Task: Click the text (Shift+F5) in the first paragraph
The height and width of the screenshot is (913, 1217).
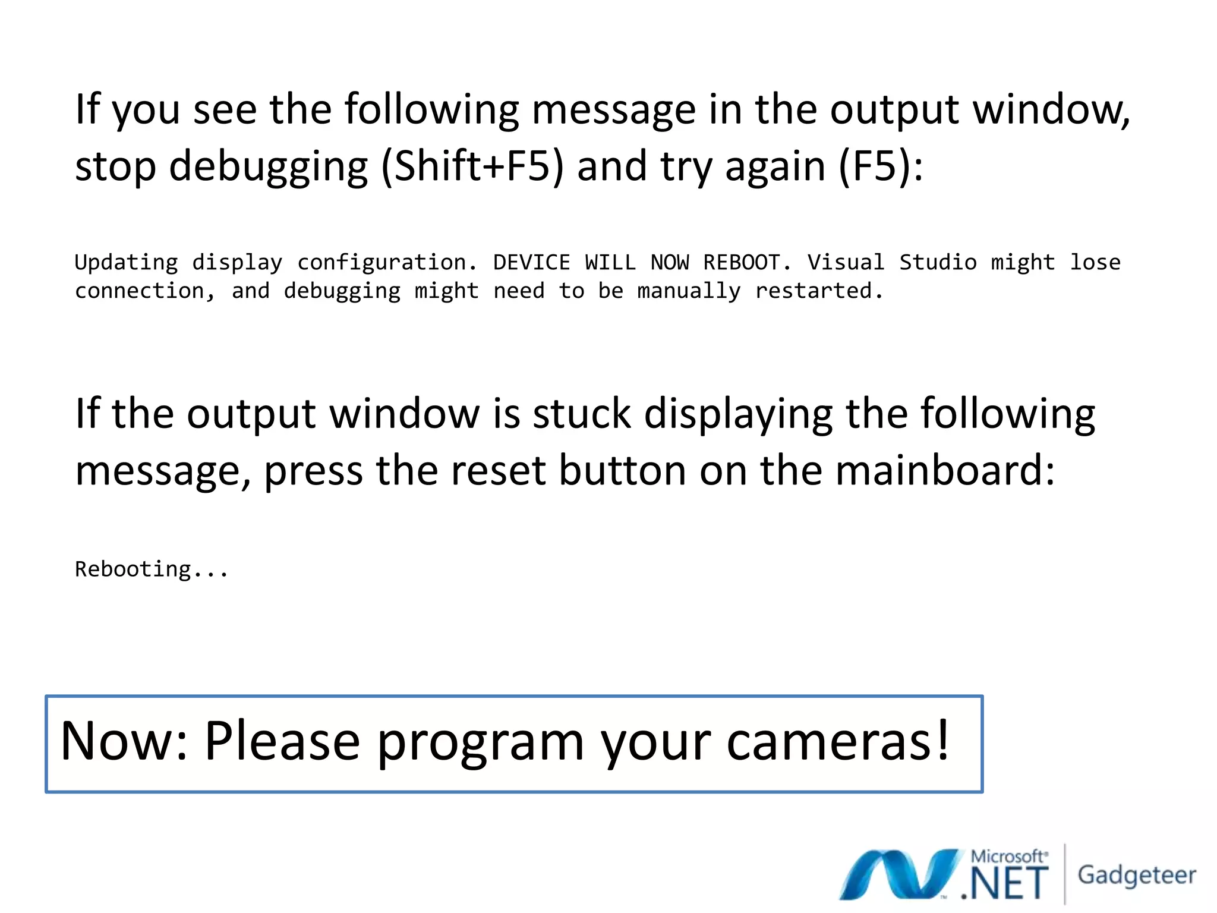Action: [x=472, y=166]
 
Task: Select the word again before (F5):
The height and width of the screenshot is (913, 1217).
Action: [x=775, y=166]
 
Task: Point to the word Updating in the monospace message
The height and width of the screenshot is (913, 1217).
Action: [x=126, y=263]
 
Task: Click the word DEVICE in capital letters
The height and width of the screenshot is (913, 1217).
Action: [x=531, y=263]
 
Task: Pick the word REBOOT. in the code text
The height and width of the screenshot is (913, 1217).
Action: [x=747, y=263]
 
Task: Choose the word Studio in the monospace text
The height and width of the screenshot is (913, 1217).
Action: [x=937, y=263]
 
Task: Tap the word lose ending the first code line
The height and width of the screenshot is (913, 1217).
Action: [x=1095, y=263]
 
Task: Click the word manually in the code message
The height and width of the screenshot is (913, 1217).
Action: [x=689, y=291]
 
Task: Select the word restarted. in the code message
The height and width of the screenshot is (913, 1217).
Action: [x=819, y=291]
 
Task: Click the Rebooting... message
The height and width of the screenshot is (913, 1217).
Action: [x=152, y=569]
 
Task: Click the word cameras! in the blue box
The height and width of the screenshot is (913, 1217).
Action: [x=838, y=741]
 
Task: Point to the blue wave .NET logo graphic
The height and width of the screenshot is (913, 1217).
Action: [x=900, y=874]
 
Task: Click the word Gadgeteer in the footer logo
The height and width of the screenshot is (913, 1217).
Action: [x=1136, y=876]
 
